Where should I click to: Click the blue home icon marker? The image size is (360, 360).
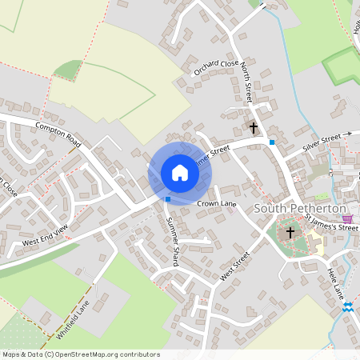(x=180, y=173)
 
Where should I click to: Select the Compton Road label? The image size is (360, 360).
(x=58, y=134)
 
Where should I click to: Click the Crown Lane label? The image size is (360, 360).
(x=216, y=206)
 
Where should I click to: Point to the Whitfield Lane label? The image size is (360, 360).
(x=73, y=318)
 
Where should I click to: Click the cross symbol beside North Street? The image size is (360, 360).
(x=254, y=127)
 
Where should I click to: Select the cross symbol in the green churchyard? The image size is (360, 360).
(x=290, y=232)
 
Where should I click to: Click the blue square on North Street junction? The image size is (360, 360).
(x=273, y=142)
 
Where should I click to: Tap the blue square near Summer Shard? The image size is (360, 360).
(x=168, y=198)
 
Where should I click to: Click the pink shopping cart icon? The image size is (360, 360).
(x=346, y=218)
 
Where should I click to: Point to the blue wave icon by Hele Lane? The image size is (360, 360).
(x=347, y=306)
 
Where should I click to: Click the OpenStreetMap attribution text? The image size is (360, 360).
(x=80, y=354)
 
